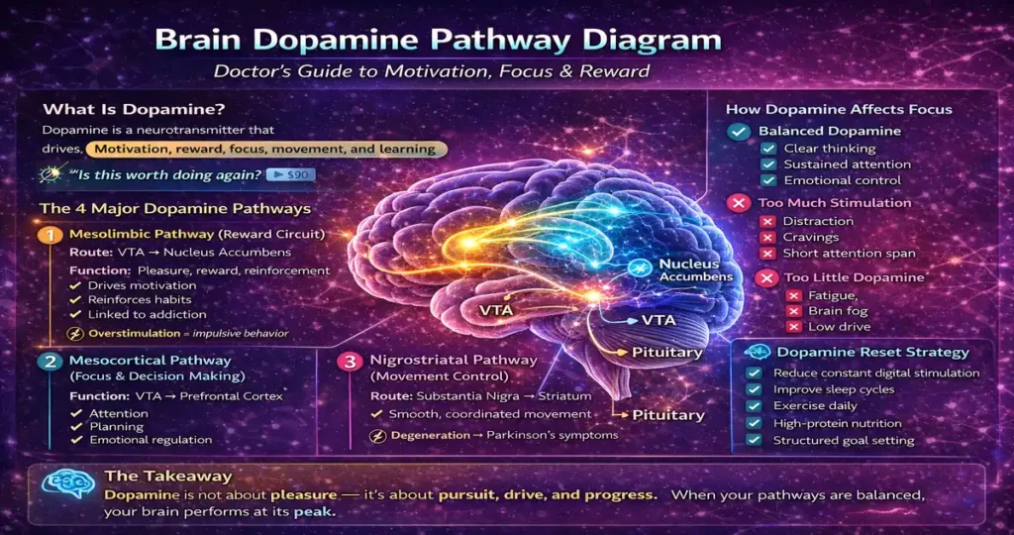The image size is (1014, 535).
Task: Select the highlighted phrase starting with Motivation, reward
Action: pos(265,149)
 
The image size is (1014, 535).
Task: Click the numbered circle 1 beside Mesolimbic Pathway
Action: pos(49,236)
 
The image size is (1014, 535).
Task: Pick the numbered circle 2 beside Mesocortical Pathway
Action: pos(49,362)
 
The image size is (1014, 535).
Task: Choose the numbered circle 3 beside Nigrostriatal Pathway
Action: pos(349,362)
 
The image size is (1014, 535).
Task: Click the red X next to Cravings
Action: pos(766,237)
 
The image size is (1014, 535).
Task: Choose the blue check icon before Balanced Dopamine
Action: pos(738,132)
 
